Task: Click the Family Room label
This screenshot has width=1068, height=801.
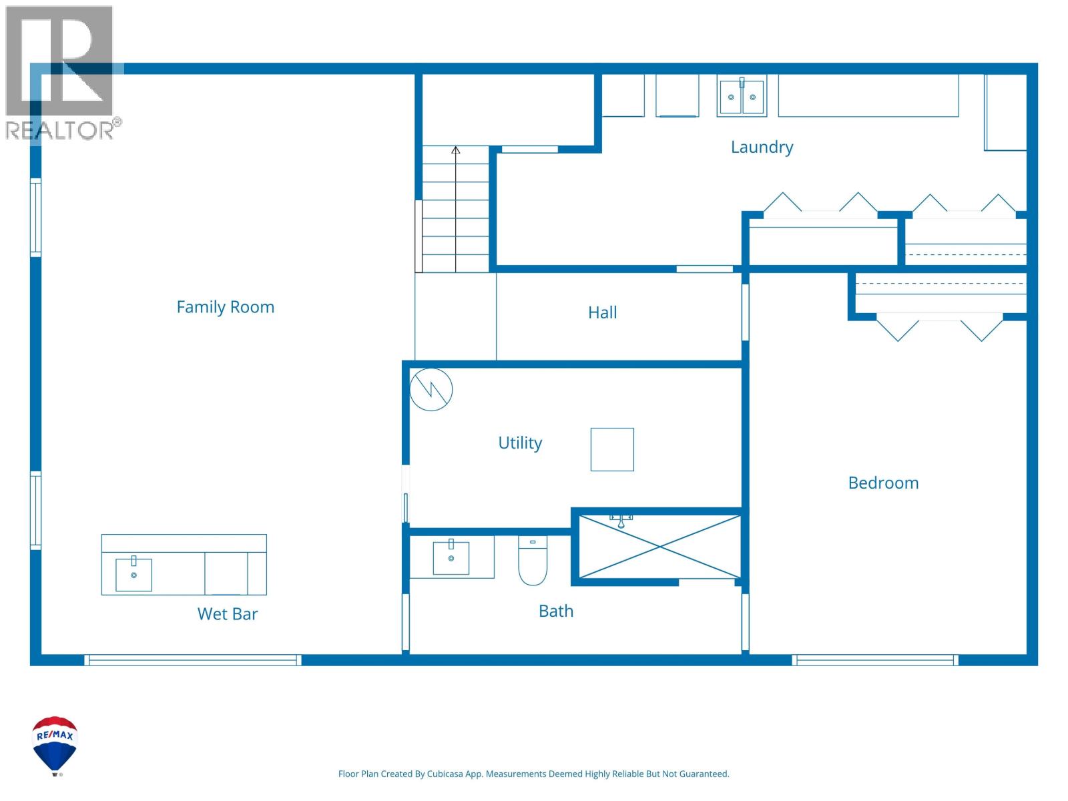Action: click(225, 307)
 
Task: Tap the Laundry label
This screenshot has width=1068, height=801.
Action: click(762, 147)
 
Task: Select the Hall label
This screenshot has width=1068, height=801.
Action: click(602, 312)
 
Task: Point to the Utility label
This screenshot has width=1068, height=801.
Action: click(520, 443)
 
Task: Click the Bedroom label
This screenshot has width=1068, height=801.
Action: click(883, 483)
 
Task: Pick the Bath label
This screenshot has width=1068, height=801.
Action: click(556, 611)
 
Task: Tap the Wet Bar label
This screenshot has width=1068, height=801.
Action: click(228, 614)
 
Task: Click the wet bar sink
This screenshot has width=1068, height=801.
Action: click(133, 575)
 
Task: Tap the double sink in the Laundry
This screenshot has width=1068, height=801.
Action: click(742, 97)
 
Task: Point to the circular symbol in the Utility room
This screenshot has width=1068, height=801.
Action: click(431, 389)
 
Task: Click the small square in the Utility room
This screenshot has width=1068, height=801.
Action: click(612, 449)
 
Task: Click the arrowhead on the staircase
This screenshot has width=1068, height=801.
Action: click(456, 150)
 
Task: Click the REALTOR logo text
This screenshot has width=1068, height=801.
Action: click(60, 130)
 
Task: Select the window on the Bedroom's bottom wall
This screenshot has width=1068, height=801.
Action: click(875, 660)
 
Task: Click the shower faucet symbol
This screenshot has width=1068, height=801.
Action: click(621, 519)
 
